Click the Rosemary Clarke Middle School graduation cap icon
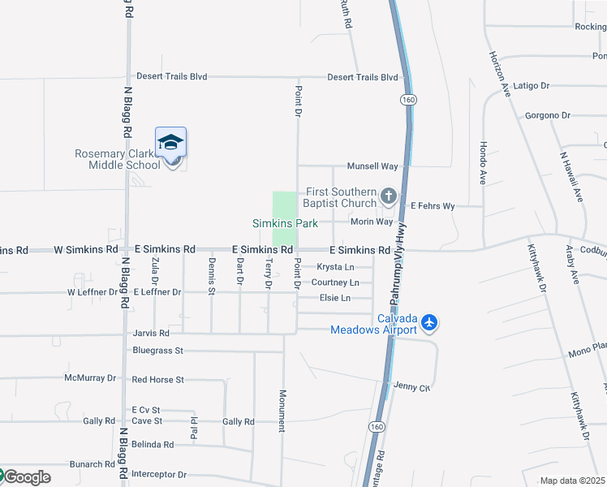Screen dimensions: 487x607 171,144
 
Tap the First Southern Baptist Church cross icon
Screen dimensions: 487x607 389,196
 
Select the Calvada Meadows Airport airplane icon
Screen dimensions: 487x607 429,323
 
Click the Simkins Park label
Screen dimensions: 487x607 284,223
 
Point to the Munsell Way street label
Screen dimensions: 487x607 372,166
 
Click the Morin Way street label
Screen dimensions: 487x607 372,222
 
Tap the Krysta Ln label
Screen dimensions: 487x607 335,267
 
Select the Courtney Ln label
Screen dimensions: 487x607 335,282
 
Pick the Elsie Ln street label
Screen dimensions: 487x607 334,298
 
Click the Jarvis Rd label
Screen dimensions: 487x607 152,333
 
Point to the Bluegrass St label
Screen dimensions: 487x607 158,351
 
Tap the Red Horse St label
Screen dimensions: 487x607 158,379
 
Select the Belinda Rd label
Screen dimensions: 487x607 153,445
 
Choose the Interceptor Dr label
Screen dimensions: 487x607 159,474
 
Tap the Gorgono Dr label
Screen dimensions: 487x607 548,115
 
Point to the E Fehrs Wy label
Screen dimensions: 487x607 433,206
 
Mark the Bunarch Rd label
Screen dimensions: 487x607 92,464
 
